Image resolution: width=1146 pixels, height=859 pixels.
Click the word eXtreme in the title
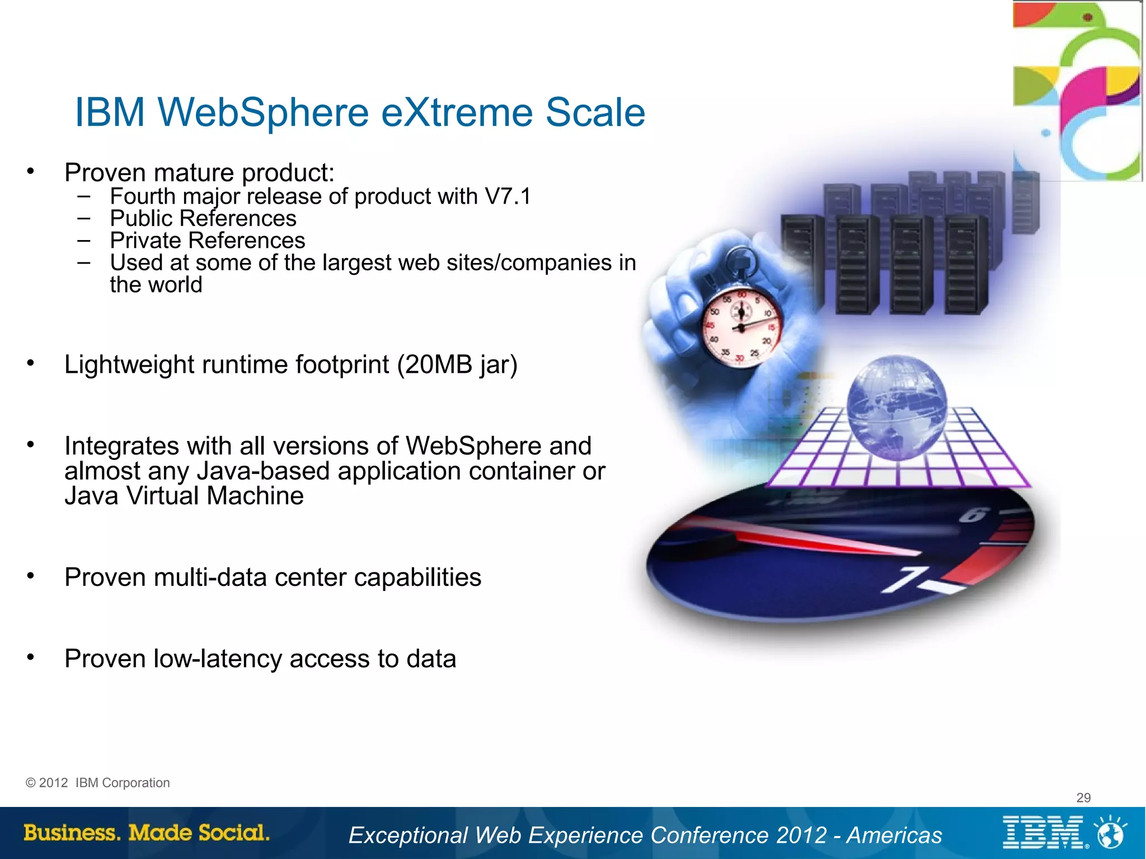pyautogui.click(x=457, y=112)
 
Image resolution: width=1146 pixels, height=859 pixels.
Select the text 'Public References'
pyautogui.click(x=203, y=218)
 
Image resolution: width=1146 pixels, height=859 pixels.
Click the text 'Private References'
pyautogui.click(x=207, y=241)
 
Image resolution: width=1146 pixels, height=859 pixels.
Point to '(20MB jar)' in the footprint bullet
pyautogui.click(x=457, y=365)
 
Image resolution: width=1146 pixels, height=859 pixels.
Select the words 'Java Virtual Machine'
pyautogui.click(x=184, y=496)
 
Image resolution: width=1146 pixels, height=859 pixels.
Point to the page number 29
pyautogui.click(x=1083, y=797)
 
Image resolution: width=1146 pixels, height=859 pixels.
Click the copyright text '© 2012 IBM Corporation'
pyautogui.click(x=98, y=783)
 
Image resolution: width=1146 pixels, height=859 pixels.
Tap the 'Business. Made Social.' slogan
pyautogui.click(x=147, y=833)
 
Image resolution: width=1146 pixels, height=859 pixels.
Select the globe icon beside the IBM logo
pyautogui.click(x=1111, y=833)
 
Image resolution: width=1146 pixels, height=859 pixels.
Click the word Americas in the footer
pyautogui.click(x=894, y=835)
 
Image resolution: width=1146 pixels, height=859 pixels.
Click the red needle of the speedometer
pyautogui.click(x=811, y=539)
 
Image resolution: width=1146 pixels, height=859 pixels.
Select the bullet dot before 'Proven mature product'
pyautogui.click(x=31, y=171)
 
